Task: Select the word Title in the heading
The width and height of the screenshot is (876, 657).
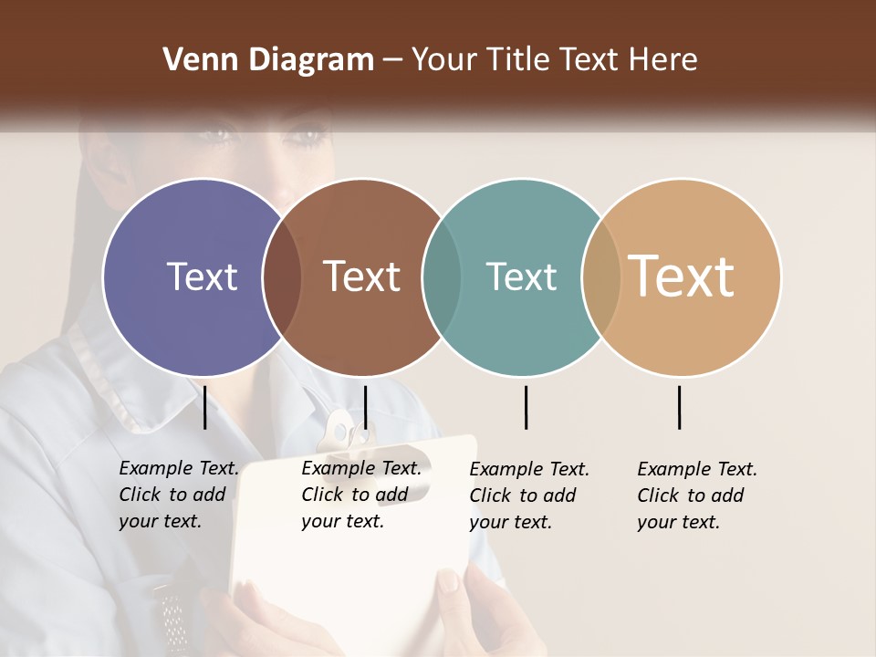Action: point(519,60)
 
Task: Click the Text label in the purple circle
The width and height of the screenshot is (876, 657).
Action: point(202,276)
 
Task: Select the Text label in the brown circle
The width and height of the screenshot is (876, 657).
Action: point(361,276)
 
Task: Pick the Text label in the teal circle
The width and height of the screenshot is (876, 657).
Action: point(521,276)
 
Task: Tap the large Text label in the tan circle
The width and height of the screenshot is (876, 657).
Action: point(681,276)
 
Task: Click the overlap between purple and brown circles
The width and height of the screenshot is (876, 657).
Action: point(282,276)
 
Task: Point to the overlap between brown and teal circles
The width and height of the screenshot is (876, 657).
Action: point(442,276)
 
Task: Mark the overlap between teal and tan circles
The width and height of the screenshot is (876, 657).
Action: point(601,276)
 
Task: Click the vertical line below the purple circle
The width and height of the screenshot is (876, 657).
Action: point(204,407)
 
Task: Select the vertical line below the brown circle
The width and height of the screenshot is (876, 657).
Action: point(365,407)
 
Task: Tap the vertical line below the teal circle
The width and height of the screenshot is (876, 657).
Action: point(526,407)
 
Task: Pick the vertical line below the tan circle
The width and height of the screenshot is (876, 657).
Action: point(679,407)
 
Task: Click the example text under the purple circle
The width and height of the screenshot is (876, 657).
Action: point(178,495)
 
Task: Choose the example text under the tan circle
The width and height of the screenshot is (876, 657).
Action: point(696,495)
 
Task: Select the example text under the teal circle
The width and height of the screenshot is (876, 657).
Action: point(528,495)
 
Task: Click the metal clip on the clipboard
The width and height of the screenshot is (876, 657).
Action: point(344,433)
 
